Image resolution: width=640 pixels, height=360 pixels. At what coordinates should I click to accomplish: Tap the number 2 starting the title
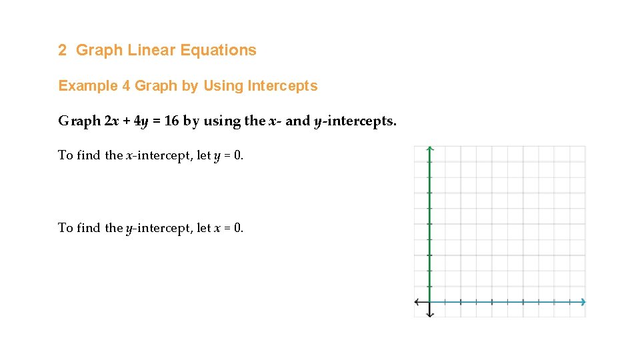(x=63, y=50)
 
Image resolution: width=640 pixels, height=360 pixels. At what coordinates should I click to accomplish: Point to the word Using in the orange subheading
(x=223, y=86)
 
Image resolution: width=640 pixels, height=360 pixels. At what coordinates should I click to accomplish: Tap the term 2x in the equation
(x=112, y=121)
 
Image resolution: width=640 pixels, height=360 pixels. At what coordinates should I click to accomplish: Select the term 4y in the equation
(x=141, y=121)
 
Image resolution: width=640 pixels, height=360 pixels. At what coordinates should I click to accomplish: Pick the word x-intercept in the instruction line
(x=153, y=156)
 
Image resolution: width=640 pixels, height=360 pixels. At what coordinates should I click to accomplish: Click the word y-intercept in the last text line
(x=153, y=228)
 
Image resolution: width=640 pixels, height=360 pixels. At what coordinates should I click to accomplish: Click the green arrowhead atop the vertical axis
(x=430, y=149)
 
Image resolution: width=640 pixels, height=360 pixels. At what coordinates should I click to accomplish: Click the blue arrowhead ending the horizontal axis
(x=583, y=302)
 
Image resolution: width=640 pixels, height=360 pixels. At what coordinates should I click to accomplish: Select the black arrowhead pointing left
(x=417, y=302)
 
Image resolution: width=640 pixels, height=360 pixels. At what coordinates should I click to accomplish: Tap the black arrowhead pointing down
(x=430, y=314)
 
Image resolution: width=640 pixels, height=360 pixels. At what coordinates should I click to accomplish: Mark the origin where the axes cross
(x=430, y=302)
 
